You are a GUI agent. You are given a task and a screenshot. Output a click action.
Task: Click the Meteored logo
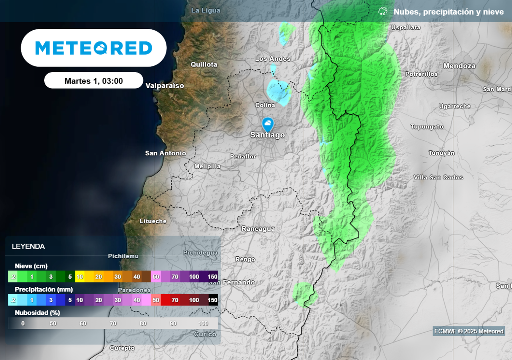94,48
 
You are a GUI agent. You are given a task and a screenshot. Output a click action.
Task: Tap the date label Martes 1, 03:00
94,81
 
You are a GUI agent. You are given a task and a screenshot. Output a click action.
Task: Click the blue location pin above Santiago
268,124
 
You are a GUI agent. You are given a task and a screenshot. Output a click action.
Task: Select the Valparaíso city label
165,86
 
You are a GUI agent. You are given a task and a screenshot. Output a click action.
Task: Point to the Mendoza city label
459,66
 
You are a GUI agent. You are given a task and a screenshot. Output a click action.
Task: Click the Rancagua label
258,229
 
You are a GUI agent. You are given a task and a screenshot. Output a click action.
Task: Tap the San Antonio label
165,153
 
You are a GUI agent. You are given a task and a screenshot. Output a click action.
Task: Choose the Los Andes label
273,59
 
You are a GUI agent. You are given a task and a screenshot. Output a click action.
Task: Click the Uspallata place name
406,28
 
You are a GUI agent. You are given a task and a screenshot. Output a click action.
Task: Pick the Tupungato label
427,127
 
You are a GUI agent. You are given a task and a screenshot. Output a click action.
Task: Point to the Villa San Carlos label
438,177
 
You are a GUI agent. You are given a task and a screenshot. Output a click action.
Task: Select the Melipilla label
207,166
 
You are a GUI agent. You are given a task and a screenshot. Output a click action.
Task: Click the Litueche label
153,221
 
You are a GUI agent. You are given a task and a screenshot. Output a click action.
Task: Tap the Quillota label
204,64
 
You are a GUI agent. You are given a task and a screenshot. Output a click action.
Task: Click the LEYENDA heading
28,246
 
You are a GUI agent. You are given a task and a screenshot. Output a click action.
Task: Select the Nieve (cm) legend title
31,266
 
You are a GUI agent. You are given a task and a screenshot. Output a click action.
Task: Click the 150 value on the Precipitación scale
212,300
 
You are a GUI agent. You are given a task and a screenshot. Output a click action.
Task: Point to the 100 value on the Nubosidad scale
203,323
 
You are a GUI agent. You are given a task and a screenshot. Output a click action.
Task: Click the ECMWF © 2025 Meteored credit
469,331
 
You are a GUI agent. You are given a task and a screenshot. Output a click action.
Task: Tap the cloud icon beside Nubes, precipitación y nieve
383,11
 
